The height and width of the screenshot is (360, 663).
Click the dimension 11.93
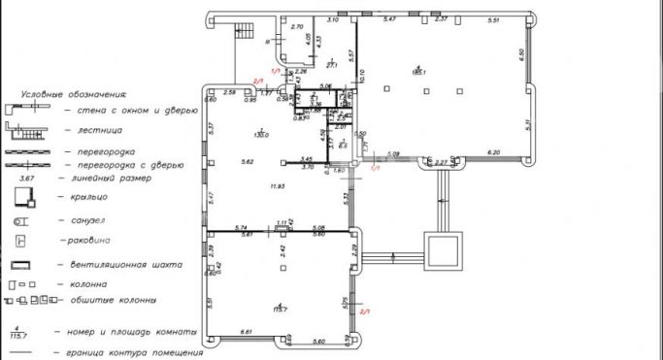click(278, 186)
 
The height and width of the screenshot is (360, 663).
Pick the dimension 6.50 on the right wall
click(521, 53)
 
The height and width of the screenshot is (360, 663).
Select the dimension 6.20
click(493, 152)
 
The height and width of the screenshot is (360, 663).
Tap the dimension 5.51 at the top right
click(492, 19)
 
